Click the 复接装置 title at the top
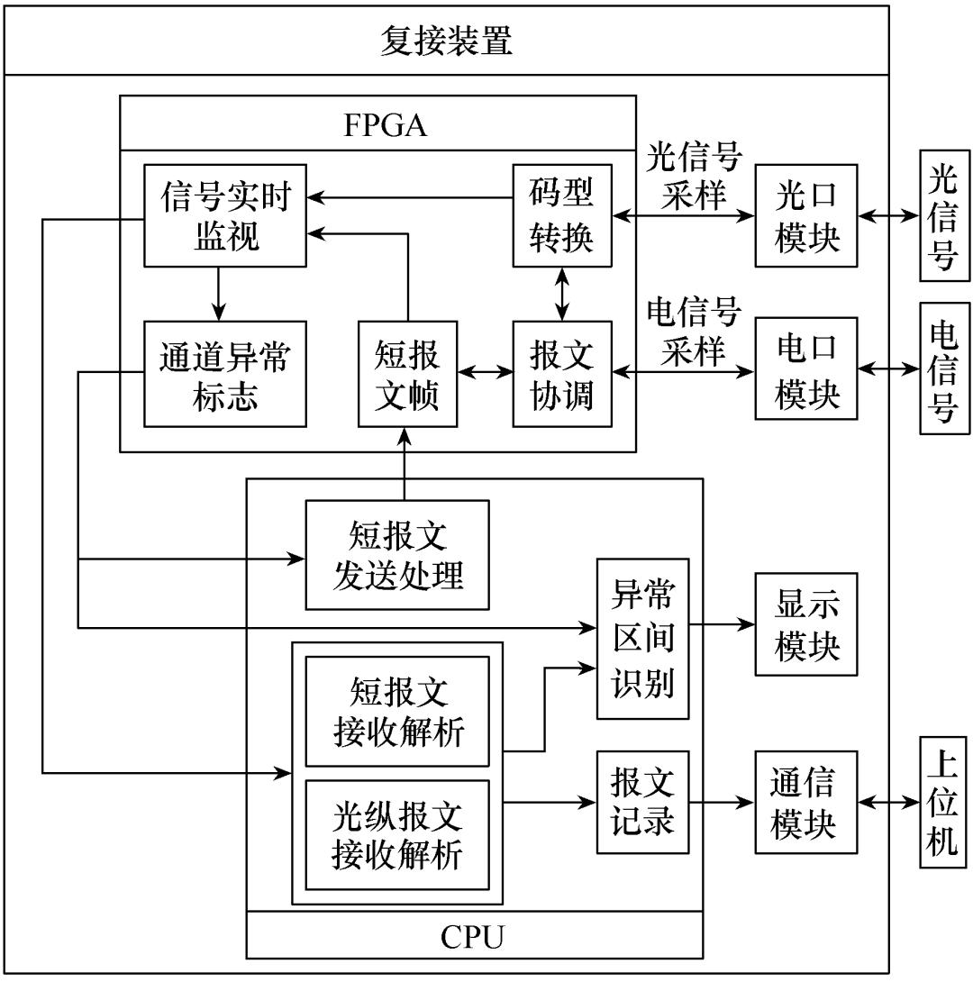click(446, 41)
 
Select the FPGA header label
click(385, 126)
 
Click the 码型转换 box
click(562, 216)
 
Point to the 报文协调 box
click(562, 374)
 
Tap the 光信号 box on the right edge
click(942, 216)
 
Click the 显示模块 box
click(806, 623)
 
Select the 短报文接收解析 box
click(397, 712)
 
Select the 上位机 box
click(942, 801)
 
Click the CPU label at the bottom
click(473, 937)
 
